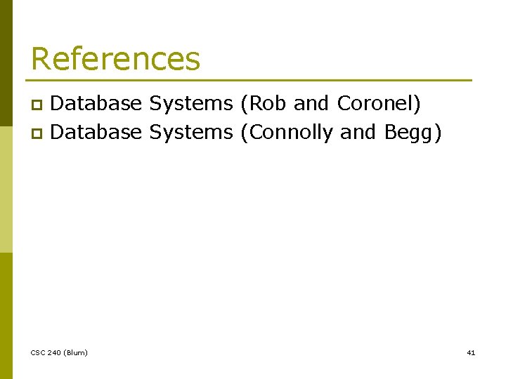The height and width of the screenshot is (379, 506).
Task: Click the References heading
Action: pyautogui.click(x=115, y=59)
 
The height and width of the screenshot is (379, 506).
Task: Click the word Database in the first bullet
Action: pyautogui.click(x=97, y=104)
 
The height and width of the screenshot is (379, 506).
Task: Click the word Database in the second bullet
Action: pyautogui.click(x=97, y=131)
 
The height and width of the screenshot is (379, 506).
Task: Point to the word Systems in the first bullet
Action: pyautogui.click(x=190, y=104)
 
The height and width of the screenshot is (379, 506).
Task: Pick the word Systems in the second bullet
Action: pyautogui.click(x=190, y=131)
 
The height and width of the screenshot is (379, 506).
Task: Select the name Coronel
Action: pyautogui.click(x=378, y=104)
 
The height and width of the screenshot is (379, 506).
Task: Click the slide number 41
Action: pyautogui.click(x=471, y=352)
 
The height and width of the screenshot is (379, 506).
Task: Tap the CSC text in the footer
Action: pyautogui.click(x=39, y=352)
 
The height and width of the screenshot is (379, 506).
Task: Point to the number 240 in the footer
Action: pyautogui.click(x=55, y=352)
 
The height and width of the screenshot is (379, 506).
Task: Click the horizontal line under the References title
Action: pyautogui.click(x=251, y=80)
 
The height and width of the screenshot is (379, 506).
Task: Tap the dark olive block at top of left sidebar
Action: pyautogui.click(x=6, y=42)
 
